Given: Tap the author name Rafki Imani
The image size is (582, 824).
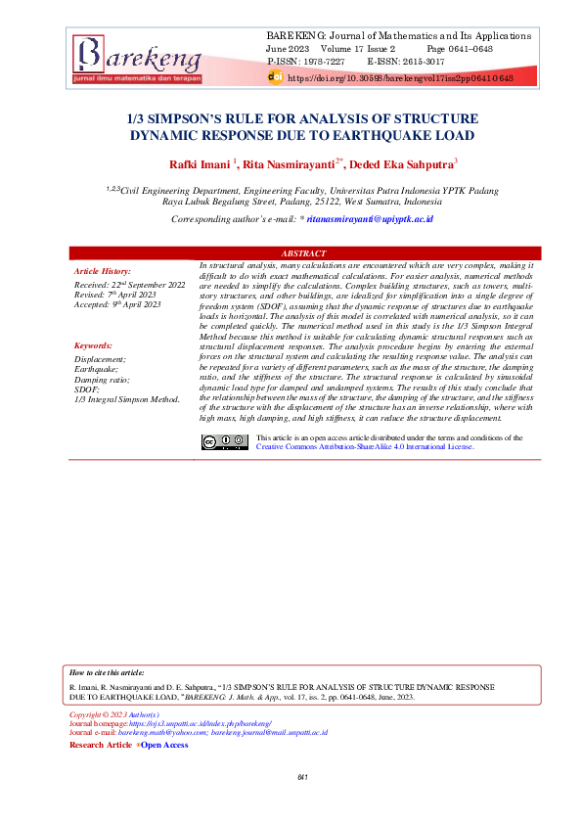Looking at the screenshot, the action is (x=200, y=164).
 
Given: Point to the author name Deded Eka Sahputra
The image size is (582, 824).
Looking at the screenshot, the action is (x=401, y=164).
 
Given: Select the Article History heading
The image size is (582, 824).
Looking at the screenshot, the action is (x=103, y=270).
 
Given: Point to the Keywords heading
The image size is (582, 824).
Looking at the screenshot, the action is (x=93, y=346).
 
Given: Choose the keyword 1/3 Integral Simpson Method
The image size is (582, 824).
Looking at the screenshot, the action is (x=127, y=399).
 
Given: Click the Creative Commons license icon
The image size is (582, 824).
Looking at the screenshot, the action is (x=225, y=441).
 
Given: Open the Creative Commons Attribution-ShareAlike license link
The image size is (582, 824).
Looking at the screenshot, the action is (x=364, y=446).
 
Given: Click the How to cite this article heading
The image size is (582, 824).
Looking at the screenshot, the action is (x=108, y=673).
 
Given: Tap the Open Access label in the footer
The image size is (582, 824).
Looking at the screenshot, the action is (x=164, y=745).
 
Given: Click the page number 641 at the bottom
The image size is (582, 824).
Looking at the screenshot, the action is (x=302, y=777).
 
